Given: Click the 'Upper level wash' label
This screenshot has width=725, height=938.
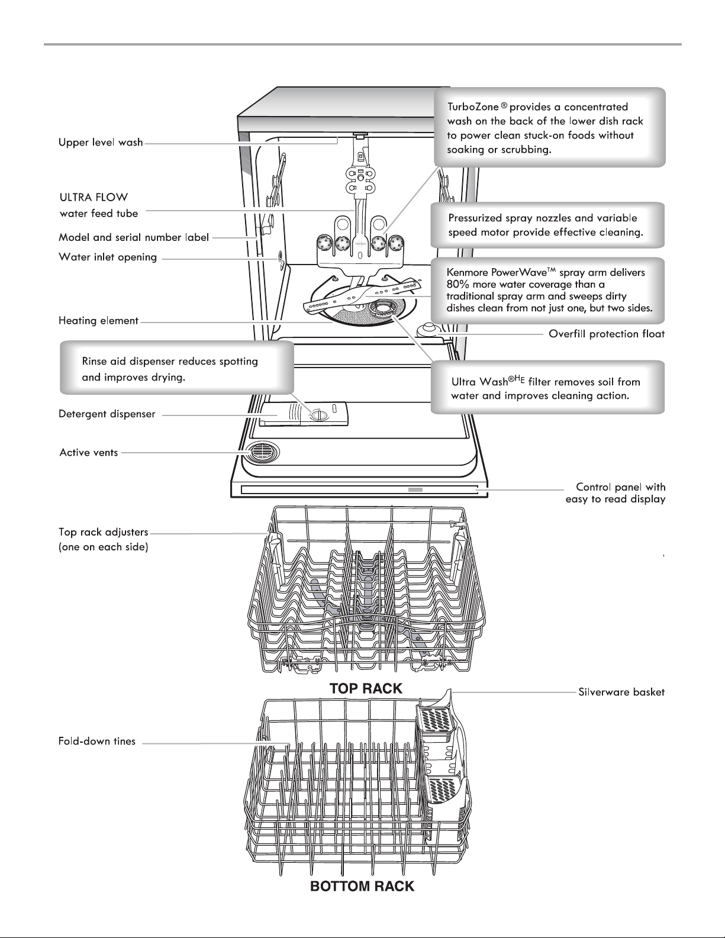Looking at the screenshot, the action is (101, 143).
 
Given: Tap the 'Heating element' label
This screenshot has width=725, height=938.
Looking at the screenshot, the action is (98, 321).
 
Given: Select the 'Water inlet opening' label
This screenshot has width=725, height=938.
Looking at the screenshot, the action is (108, 257).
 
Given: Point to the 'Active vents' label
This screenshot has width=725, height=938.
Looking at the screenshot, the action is (88, 452).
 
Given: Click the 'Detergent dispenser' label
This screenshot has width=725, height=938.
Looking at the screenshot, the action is (107, 414).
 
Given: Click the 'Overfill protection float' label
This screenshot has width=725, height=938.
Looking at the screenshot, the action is (606, 334).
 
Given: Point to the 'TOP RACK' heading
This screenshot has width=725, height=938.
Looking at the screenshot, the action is (366, 688).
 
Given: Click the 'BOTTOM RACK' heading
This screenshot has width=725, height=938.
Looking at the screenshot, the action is (362, 886).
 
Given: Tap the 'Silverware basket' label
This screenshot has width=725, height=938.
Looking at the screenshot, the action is (621, 692).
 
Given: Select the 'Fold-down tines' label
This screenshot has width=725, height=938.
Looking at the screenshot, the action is (97, 741).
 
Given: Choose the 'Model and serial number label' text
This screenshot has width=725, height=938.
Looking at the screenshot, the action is (134, 237).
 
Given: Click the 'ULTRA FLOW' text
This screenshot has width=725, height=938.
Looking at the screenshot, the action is (94, 198).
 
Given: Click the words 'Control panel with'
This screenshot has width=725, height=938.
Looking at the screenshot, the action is (621, 487).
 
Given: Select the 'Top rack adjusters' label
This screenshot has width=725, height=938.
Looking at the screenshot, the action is (104, 532).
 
